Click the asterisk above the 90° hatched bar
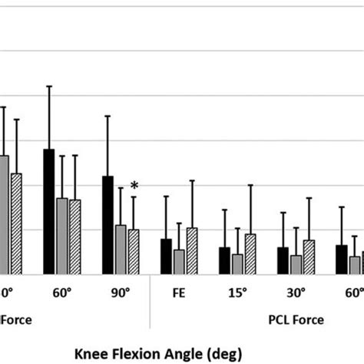coord(134,185)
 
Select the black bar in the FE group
coord(167,256)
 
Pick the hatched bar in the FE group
coord(192,250)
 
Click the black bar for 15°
coord(224,260)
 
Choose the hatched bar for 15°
coord(250,253)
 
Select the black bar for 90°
coord(108,224)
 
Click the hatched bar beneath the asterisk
coord(134,251)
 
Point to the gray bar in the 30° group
coord(296,264)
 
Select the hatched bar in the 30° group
coord(309,256)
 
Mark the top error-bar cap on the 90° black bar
coord(108,116)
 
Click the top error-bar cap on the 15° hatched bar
coord(250,185)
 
